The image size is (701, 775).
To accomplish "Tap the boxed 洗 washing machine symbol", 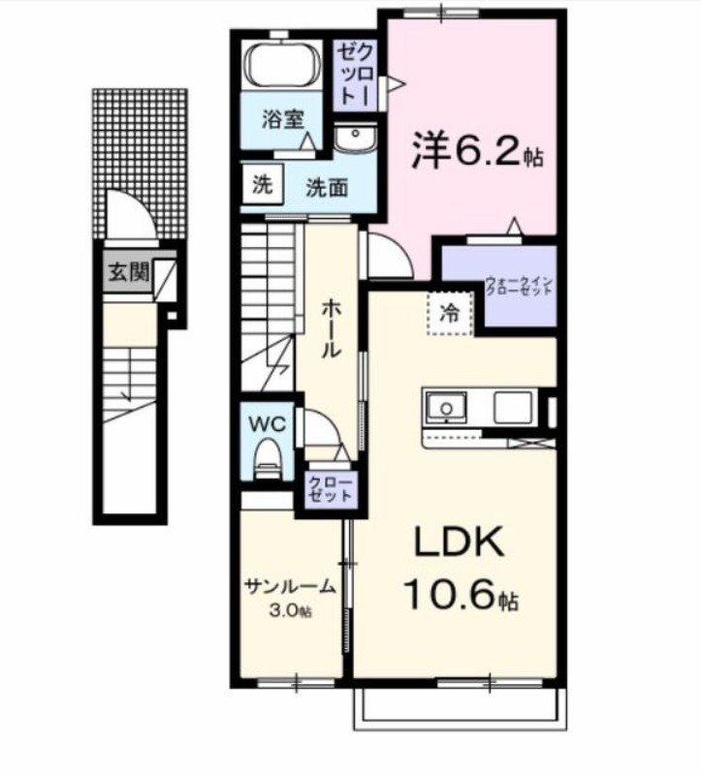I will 262,185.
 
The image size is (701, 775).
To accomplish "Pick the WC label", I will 265,423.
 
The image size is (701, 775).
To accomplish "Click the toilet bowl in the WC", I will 266,457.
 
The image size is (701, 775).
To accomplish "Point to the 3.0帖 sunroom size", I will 290,610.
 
